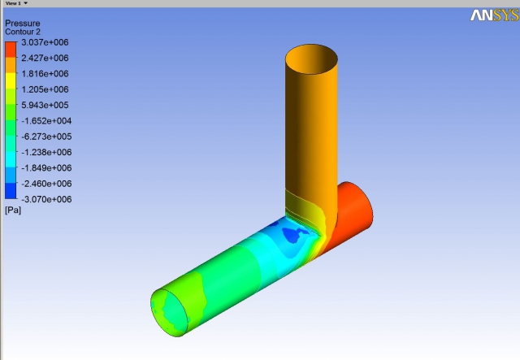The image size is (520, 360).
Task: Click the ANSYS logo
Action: pyautogui.click(x=495, y=15)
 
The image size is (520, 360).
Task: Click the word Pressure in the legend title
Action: pyautogui.click(x=23, y=24)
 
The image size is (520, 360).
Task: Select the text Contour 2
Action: pyautogui.click(x=23, y=32)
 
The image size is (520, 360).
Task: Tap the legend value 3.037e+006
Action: pyautogui.click(x=45, y=42)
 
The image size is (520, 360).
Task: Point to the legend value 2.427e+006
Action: pyautogui.click(x=45, y=58)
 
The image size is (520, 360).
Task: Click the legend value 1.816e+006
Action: pyautogui.click(x=45, y=74)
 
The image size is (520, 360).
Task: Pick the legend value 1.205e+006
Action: pyautogui.click(x=45, y=89)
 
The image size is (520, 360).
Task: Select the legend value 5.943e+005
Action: pyautogui.click(x=45, y=105)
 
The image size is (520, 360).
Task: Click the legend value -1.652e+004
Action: pyautogui.click(x=46, y=121)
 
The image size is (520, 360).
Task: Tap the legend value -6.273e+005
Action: pyautogui.click(x=46, y=137)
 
